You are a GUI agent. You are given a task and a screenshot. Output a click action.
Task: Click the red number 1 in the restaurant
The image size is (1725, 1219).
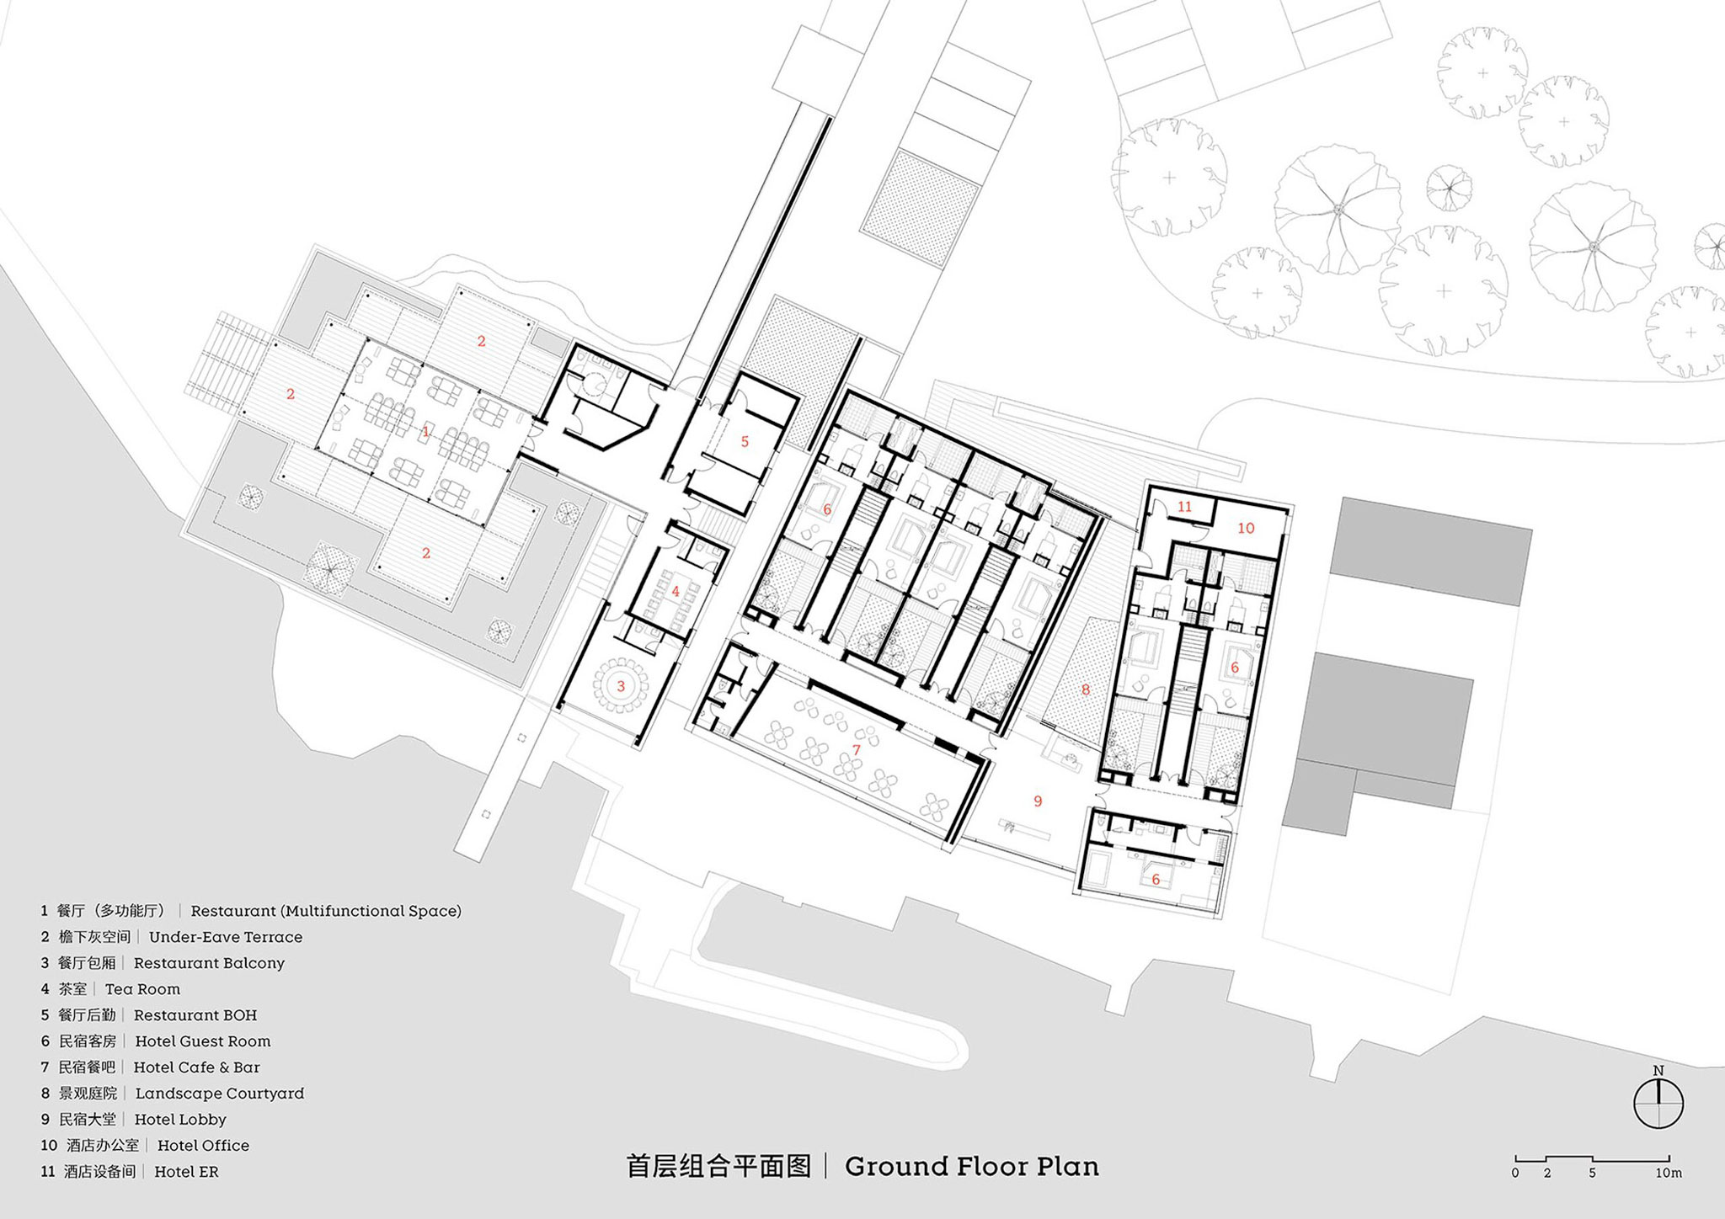425,432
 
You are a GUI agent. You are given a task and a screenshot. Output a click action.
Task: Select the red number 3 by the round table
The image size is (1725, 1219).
621,686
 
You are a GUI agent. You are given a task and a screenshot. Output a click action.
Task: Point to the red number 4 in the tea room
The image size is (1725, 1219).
676,592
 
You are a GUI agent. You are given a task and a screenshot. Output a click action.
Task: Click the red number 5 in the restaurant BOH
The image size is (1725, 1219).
745,441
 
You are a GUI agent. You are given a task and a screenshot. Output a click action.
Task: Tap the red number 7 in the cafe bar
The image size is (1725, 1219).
857,749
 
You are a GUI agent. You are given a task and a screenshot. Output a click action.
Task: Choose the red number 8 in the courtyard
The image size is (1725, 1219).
1085,689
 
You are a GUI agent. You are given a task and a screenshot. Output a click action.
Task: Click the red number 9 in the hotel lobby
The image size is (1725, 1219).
1038,801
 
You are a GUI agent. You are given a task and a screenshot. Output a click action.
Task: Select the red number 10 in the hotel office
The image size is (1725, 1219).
1246,528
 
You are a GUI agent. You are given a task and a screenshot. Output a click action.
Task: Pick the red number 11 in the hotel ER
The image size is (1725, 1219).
1185,507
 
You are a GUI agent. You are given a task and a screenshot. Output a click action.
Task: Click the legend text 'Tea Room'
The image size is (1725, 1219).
142,989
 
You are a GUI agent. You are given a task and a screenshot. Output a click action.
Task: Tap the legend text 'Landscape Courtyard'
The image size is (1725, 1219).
220,1094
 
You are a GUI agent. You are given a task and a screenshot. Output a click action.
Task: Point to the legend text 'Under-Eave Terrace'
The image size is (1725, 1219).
226,937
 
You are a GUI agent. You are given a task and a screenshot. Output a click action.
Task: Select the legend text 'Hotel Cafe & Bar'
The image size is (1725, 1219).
197,1067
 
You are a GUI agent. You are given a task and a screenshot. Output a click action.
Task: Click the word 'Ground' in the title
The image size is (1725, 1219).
896,1167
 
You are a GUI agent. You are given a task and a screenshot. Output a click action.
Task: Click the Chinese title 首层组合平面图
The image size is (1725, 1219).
718,1167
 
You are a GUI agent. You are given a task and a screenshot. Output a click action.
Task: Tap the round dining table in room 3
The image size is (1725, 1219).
621,687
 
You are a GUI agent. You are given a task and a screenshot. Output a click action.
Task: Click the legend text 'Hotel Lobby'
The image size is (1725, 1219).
180,1120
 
